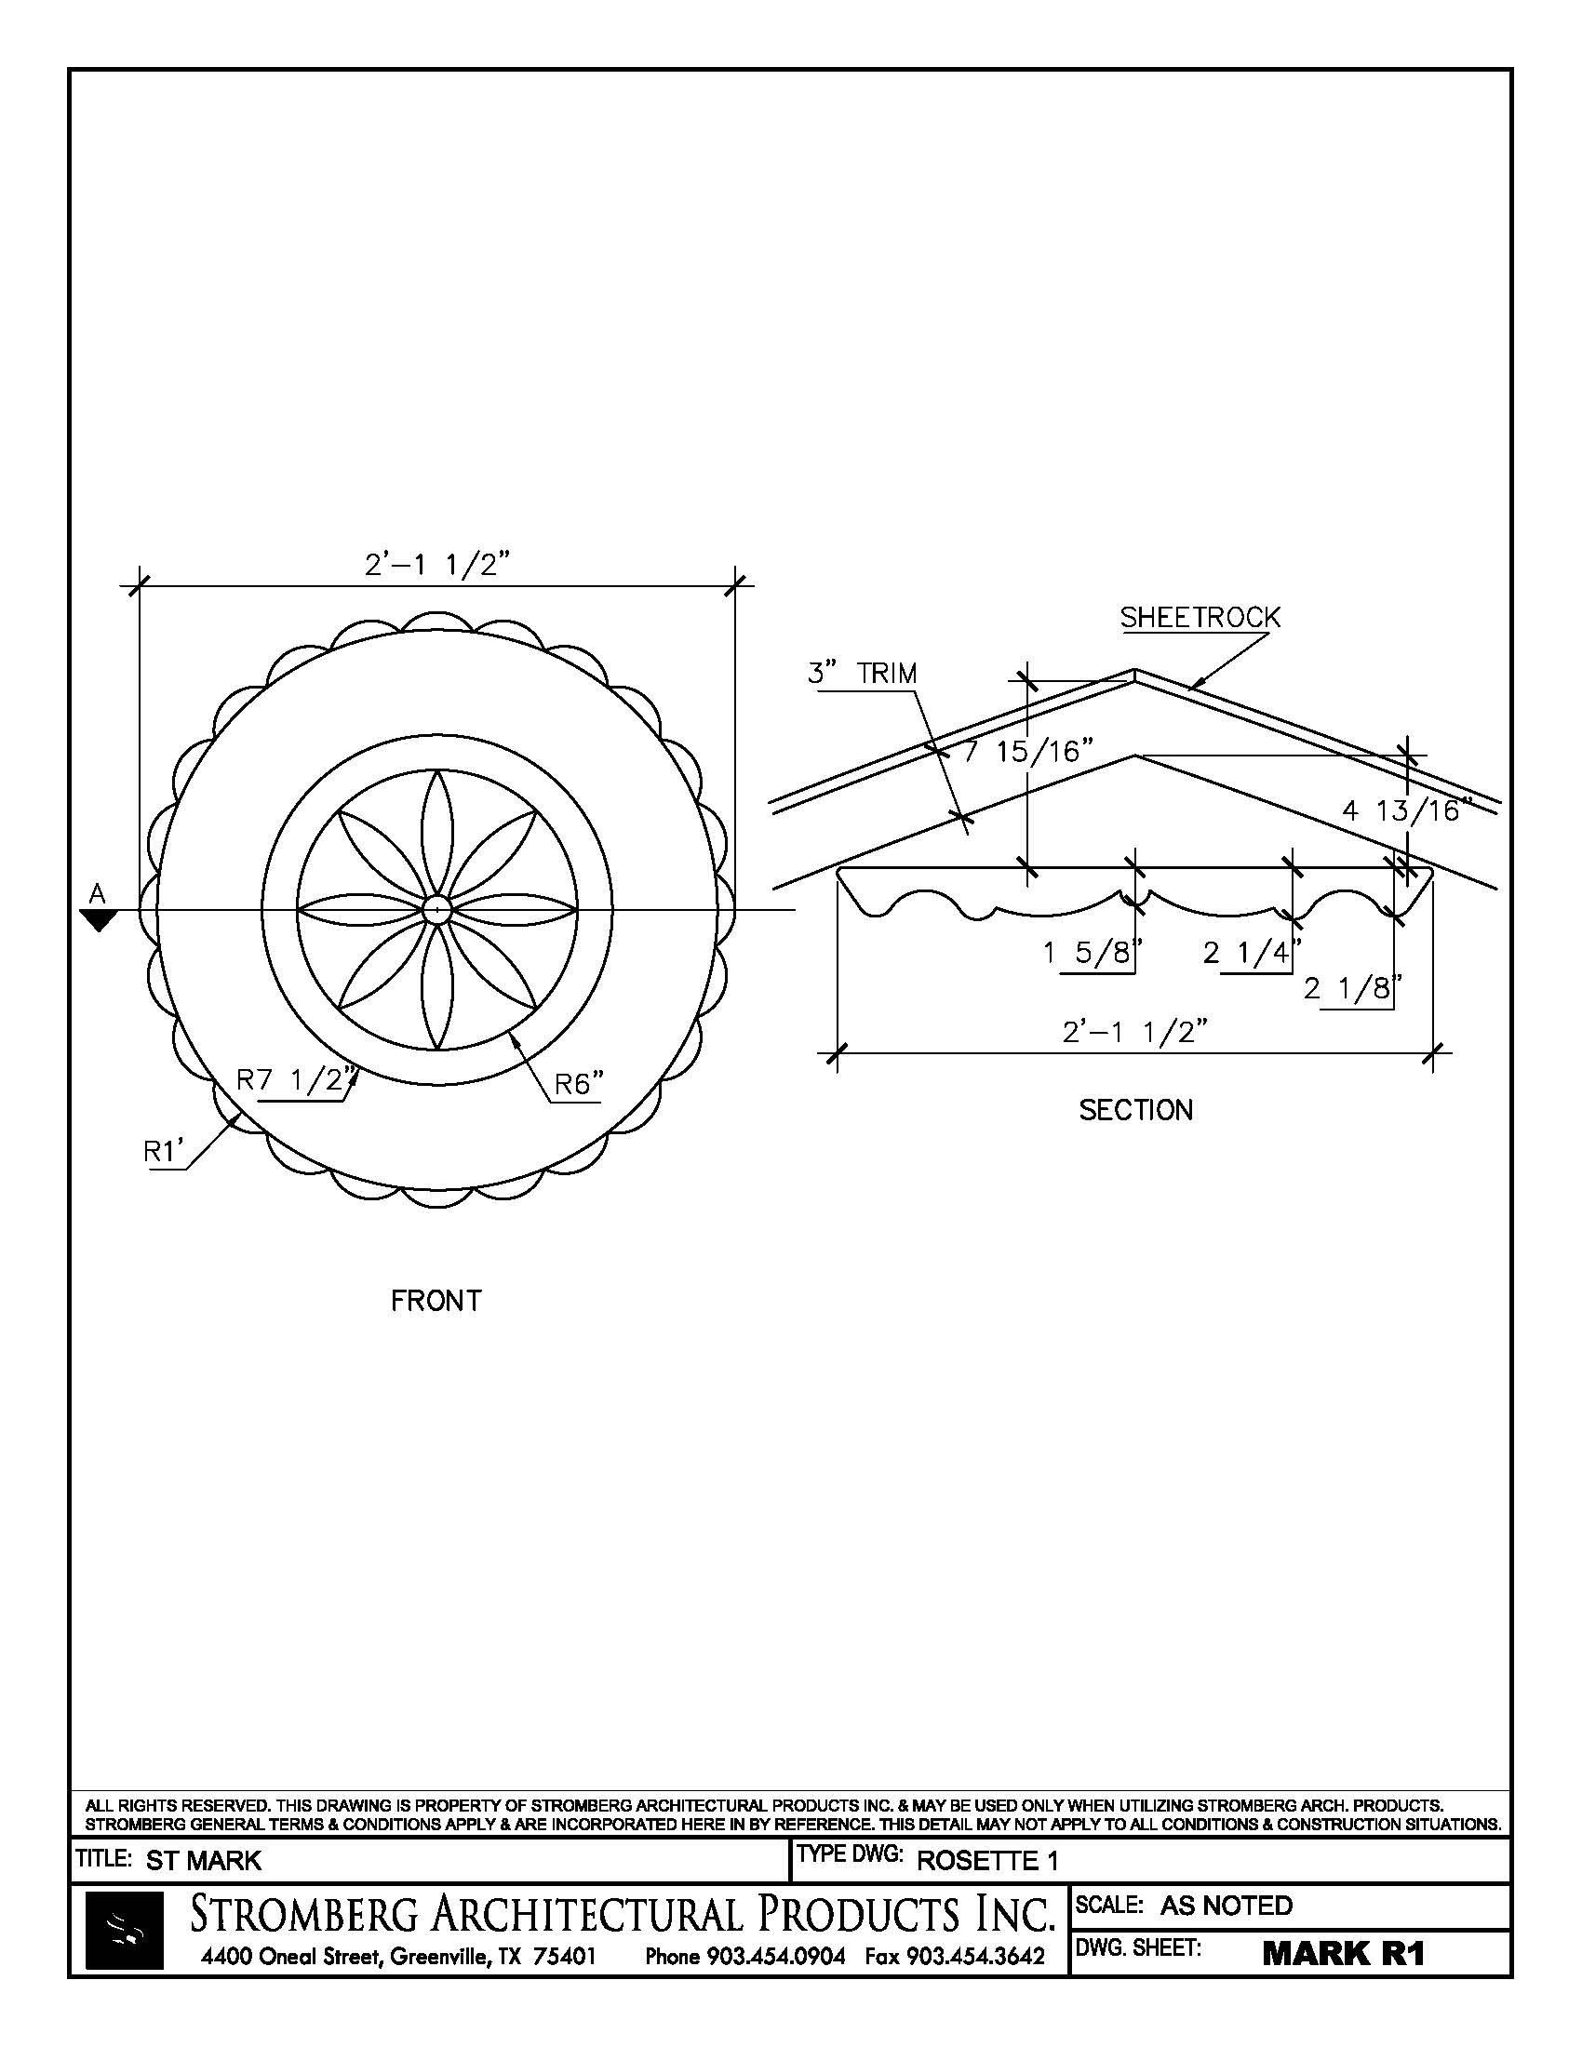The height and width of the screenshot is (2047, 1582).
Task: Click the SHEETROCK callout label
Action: pos(1200,618)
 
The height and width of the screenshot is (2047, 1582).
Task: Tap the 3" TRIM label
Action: pos(863,673)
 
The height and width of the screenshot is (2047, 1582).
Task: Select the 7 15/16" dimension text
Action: pos(1029,751)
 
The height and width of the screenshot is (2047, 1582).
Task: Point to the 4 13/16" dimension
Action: pos(1406,809)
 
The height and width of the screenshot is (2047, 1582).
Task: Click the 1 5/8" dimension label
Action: pos(1093,953)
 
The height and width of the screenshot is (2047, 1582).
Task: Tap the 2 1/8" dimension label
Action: pos(1352,988)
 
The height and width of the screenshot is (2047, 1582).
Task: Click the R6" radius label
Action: pos(579,1083)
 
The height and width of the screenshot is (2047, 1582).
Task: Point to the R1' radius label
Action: pos(161,1151)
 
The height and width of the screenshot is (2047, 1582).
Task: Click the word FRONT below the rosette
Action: pos(436,1301)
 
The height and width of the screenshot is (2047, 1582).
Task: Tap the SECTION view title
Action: pos(1136,1111)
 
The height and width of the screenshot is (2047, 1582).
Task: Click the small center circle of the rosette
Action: pos(436,909)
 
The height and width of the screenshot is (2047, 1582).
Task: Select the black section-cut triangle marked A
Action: pos(98,920)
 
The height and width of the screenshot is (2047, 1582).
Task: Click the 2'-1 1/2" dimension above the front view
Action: pos(436,565)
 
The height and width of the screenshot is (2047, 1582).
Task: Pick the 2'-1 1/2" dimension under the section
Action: pos(1134,1032)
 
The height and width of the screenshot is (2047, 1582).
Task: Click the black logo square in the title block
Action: pos(125,1930)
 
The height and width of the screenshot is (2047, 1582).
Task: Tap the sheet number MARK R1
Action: pos(1343,1953)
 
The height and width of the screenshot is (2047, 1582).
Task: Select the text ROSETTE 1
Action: pos(986,1861)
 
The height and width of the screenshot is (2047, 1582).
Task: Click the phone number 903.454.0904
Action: pos(775,1956)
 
